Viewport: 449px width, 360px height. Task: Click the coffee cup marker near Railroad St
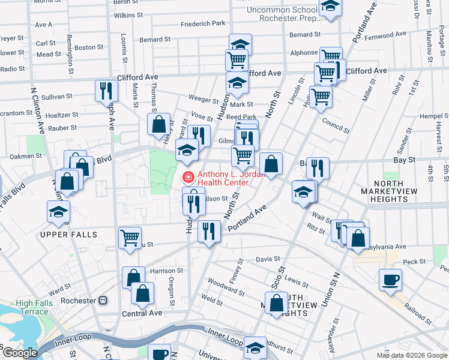pyautogui.click(x=390, y=280)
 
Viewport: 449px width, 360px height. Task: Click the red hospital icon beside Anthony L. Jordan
pyautogui.click(x=188, y=176)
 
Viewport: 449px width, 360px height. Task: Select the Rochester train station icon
pyautogui.click(x=103, y=300)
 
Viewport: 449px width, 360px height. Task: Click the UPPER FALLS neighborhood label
pyautogui.click(x=68, y=235)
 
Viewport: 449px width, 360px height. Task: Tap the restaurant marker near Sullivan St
pyautogui.click(x=106, y=91)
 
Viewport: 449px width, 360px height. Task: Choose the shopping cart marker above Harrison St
pyautogui.click(x=130, y=237)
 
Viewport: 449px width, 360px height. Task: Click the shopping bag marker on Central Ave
pyautogui.click(x=142, y=293)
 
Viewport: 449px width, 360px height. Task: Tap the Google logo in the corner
pyautogui.click(x=20, y=353)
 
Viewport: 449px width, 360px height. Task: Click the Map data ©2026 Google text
pyautogui.click(x=412, y=355)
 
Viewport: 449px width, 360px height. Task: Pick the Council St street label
pyautogui.click(x=335, y=125)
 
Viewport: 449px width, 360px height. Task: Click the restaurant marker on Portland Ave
pyautogui.click(x=209, y=231)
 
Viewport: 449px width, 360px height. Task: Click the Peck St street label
pyautogui.click(x=414, y=262)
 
